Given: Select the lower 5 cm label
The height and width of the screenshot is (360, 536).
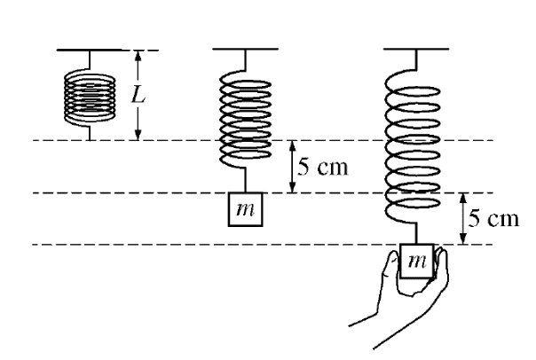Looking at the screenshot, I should [493, 218].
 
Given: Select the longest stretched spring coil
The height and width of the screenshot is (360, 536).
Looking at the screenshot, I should [415, 146].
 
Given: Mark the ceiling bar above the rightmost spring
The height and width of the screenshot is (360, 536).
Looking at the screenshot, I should [415, 50].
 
